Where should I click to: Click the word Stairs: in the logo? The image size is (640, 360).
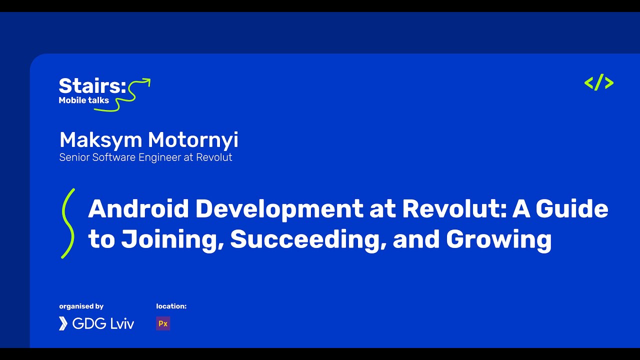tap(92, 85)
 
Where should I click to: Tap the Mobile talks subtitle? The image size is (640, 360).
tap(83, 100)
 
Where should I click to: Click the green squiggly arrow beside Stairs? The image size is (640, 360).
tap(134, 92)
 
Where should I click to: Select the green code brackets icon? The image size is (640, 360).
tap(598, 82)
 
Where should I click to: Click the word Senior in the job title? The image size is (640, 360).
tap(73, 157)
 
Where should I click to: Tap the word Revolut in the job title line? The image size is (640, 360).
tap(213, 157)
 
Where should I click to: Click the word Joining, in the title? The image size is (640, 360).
tap(172, 239)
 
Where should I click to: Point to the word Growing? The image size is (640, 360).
tap(498, 239)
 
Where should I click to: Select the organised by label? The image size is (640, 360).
tap(81, 306)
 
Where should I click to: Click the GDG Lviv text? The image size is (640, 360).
tap(103, 323)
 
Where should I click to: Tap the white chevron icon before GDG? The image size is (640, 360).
tap(63, 323)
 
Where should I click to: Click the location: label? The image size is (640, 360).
tap(171, 306)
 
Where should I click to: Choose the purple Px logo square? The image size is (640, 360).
tap(163, 323)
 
